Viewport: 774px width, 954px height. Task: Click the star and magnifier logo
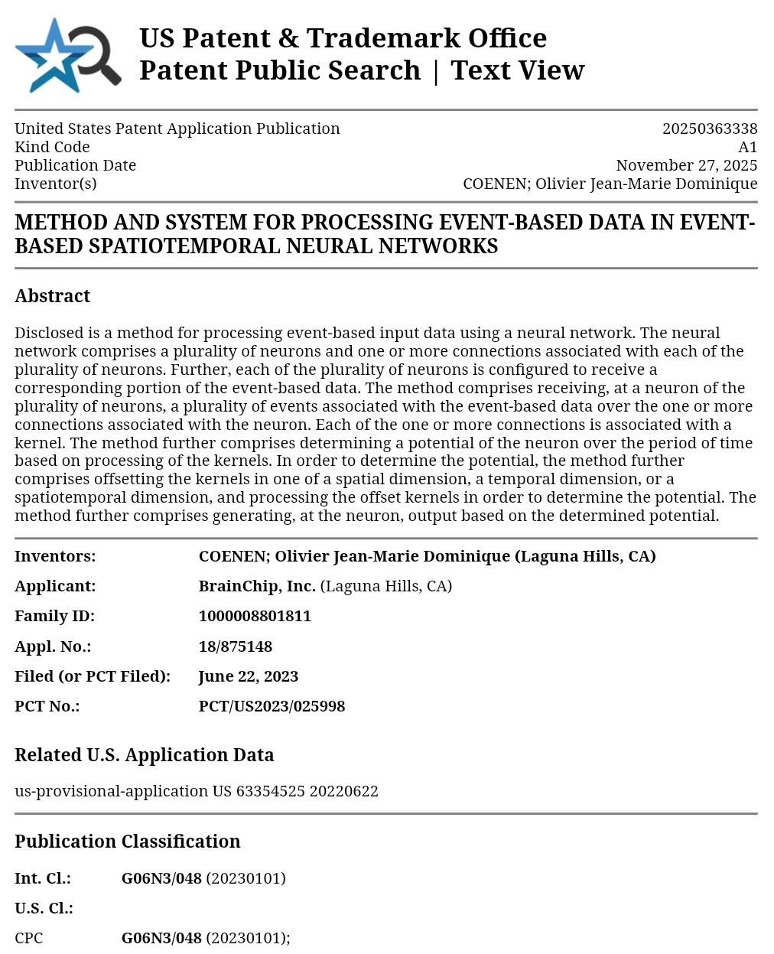[67, 56]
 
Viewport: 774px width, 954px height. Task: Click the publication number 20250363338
[709, 129]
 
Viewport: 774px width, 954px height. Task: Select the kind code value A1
[747, 147]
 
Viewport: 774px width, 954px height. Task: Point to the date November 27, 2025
[686, 165]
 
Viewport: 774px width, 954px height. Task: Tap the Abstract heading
[52, 296]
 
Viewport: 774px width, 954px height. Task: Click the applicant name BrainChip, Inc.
[257, 586]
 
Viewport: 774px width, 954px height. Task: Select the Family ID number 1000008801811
[255, 616]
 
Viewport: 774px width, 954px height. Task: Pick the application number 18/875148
[235, 646]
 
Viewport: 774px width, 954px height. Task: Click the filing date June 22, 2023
[248, 676]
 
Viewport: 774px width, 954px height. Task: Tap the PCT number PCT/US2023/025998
[272, 706]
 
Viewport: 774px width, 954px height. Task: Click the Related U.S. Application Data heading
[144, 755]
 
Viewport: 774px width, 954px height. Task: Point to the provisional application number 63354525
[271, 791]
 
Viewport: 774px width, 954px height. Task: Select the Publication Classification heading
[127, 842]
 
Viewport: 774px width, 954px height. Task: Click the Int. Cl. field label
[42, 878]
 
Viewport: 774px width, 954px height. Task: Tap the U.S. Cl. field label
[44, 908]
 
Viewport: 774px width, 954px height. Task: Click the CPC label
[29, 938]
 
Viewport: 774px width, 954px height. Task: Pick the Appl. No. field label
[53, 646]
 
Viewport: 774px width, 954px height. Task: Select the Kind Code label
[52, 147]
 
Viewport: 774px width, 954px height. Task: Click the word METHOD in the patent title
[61, 223]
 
